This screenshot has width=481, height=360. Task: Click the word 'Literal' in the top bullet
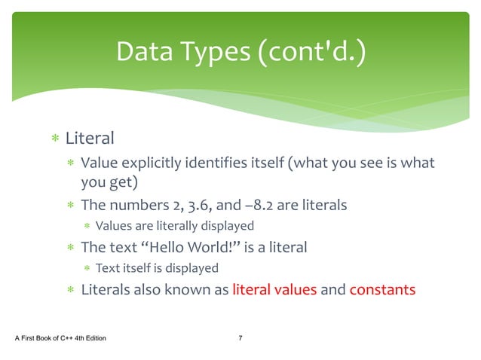point(90,139)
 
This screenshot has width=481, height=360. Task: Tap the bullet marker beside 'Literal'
point(54,139)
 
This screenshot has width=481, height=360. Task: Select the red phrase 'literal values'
point(274,289)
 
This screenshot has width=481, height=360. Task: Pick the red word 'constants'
point(382,289)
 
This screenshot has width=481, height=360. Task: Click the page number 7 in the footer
point(240,337)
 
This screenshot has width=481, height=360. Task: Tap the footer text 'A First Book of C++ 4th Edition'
point(61,337)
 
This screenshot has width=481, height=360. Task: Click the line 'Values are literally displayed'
point(174,225)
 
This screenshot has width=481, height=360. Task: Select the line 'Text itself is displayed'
point(157,267)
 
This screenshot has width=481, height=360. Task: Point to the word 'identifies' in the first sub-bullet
point(223,163)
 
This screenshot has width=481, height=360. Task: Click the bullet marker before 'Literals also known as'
point(70,290)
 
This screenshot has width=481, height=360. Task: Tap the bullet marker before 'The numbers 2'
point(70,206)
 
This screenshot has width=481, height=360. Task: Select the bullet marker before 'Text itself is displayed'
point(87,268)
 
